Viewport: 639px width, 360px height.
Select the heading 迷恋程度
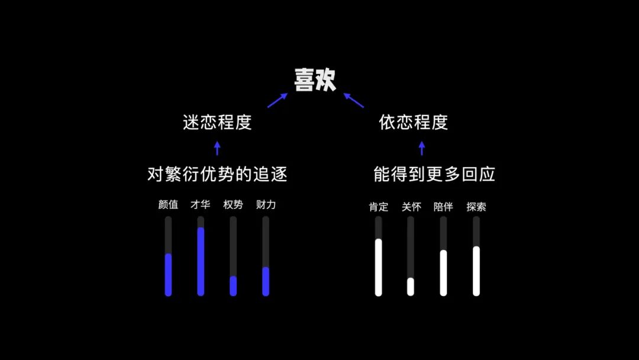[217, 123]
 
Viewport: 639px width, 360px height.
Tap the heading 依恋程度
[414, 123]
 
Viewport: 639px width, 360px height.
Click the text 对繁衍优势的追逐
[217, 175]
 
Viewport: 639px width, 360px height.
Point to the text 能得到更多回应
[434, 174]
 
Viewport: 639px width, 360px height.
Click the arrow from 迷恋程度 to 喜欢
[277, 100]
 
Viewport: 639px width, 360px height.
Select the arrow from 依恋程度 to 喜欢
[354, 100]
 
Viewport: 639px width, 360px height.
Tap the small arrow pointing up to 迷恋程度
[217, 148]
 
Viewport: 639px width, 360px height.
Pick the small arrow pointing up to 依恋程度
[421, 148]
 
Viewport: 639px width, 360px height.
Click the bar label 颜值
[168, 205]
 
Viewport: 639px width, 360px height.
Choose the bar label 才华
[201, 205]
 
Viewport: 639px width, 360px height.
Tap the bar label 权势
[233, 205]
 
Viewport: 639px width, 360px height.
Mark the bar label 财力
[266, 205]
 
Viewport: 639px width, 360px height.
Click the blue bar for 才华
[201, 261]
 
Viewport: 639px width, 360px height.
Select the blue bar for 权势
[233, 286]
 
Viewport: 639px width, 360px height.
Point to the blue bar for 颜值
[168, 274]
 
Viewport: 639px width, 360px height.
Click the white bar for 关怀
[411, 287]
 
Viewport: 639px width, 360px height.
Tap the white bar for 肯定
[378, 267]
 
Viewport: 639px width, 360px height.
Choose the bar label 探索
[476, 207]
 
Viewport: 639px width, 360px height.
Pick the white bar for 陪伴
[443, 272]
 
